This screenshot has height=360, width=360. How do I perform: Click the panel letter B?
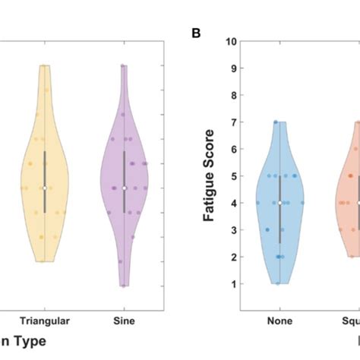pyautogui.click(x=196, y=34)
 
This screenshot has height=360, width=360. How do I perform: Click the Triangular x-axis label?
pyautogui.click(x=45, y=322)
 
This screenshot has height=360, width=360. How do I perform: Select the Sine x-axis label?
pyautogui.click(x=124, y=322)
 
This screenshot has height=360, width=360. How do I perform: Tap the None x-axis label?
pyautogui.click(x=279, y=322)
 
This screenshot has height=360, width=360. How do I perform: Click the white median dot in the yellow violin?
pyautogui.click(x=45, y=188)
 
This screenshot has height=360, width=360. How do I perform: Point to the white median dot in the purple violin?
pyautogui.click(x=124, y=188)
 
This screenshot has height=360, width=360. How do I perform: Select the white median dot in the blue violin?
pyautogui.click(x=279, y=203)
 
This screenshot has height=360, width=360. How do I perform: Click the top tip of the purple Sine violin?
pyautogui.click(x=124, y=65)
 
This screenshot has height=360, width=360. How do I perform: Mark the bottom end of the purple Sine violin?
pyautogui.click(x=124, y=286)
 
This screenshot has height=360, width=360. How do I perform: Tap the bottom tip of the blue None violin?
pyautogui.click(x=279, y=283)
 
